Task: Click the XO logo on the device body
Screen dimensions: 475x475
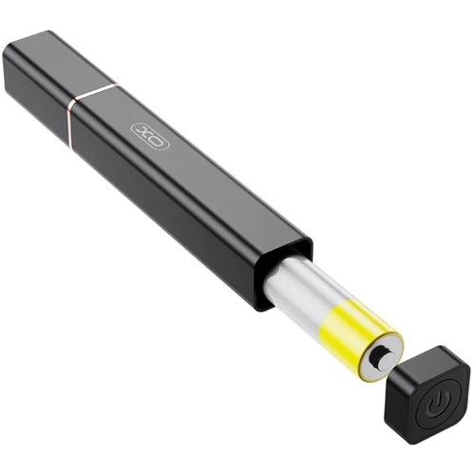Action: pos(150,137)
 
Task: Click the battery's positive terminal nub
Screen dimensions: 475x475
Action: pos(384,359)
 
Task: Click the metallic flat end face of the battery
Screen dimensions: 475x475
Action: pos(380,359)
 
